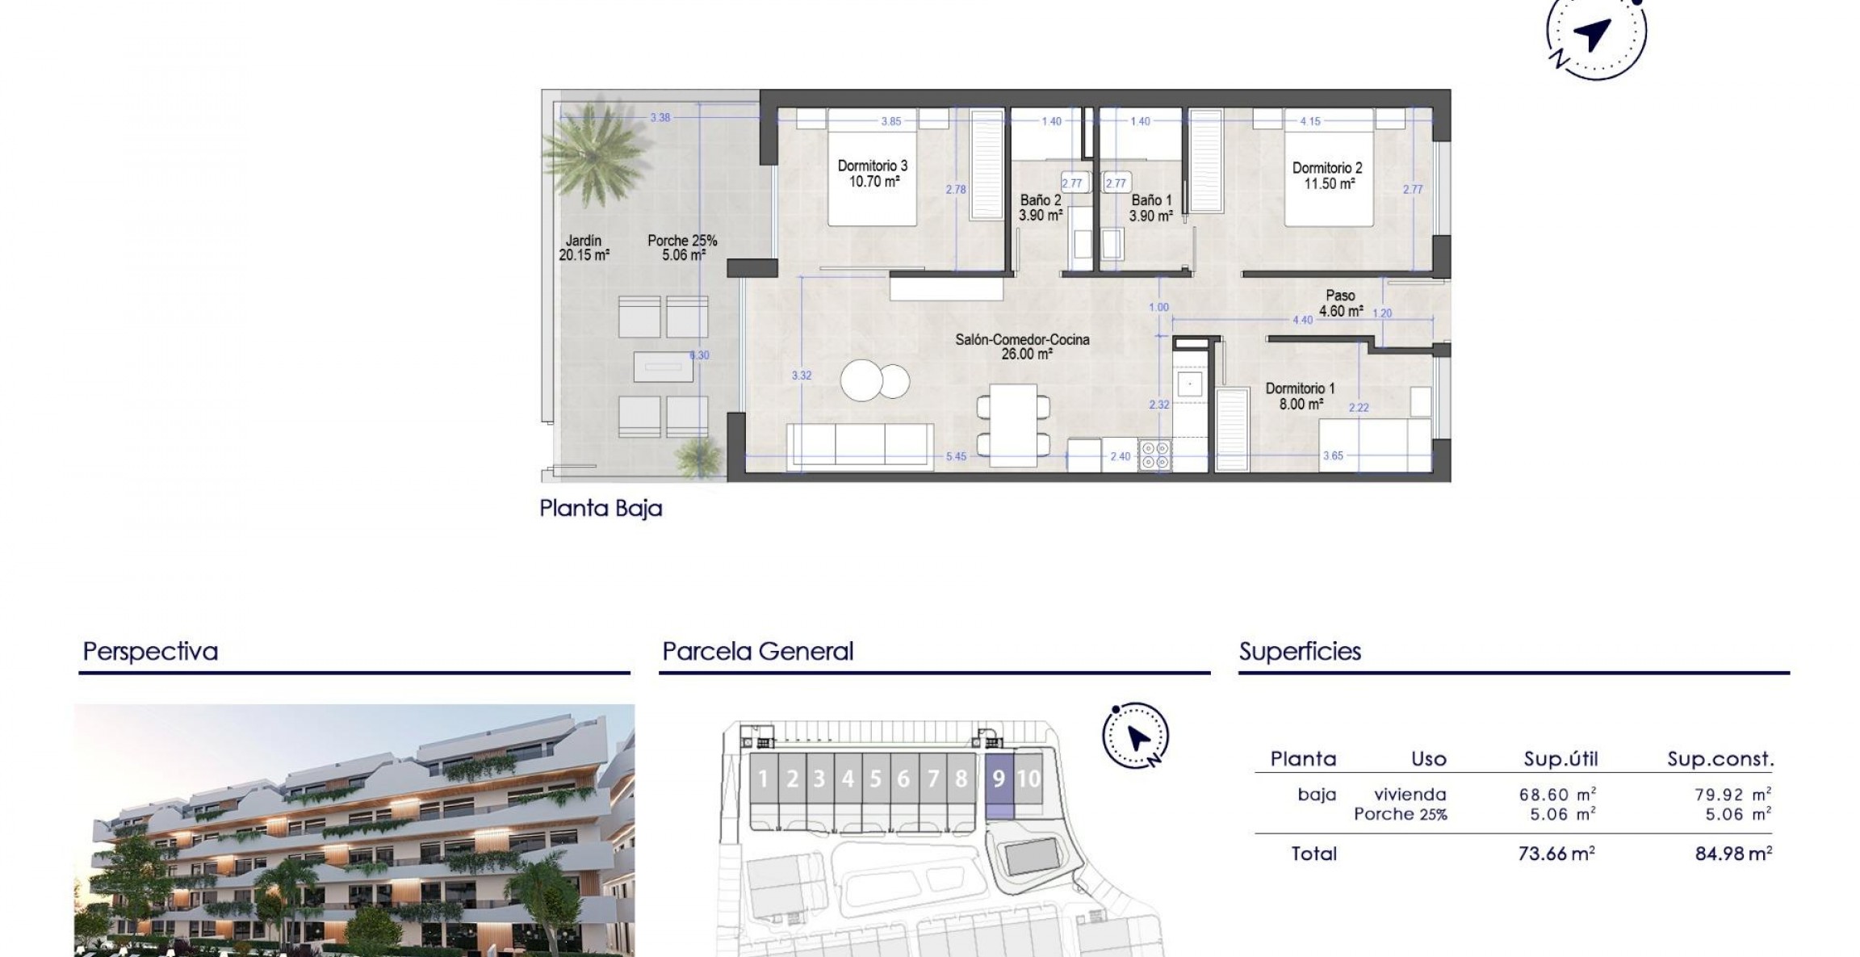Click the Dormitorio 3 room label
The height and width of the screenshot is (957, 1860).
click(x=872, y=173)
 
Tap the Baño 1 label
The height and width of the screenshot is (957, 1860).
click(x=1150, y=208)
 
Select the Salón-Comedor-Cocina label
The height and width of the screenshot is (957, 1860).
click(x=1022, y=346)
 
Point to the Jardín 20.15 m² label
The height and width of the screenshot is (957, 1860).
click(x=584, y=247)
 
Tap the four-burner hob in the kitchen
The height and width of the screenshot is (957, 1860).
click(x=1154, y=455)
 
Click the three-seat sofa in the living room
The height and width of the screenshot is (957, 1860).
click(x=860, y=446)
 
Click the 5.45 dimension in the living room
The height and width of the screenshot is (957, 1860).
click(x=956, y=456)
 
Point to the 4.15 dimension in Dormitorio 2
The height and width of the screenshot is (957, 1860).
click(x=1309, y=121)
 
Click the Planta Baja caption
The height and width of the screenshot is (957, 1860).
click(x=601, y=508)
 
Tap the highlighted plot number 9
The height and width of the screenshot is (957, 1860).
click(x=999, y=779)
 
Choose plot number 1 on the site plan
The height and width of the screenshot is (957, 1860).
click(x=763, y=779)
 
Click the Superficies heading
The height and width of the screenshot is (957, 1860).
click(x=1300, y=651)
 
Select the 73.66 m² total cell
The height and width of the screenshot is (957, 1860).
click(x=1556, y=854)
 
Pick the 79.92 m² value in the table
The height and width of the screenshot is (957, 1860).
click(x=1732, y=795)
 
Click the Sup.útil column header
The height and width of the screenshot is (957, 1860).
click(x=1560, y=759)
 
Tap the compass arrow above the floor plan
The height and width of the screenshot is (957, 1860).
click(x=1592, y=35)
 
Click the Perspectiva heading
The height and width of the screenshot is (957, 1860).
click(x=150, y=651)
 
